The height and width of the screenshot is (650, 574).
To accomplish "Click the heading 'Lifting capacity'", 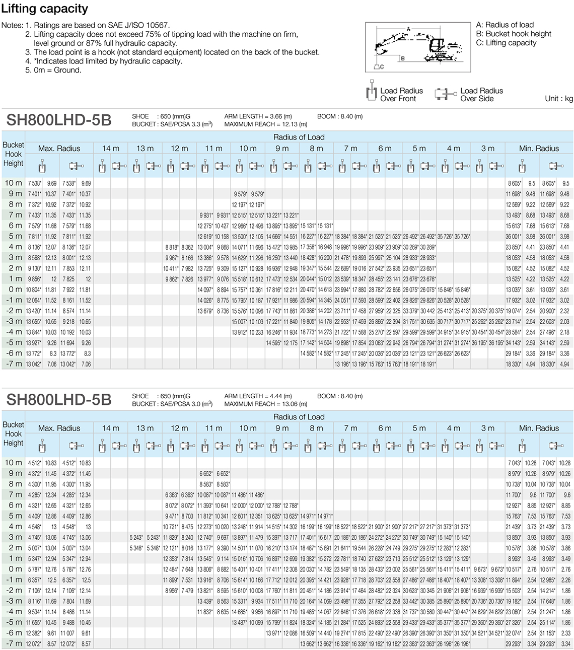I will pyautogui.click(x=45, y=9).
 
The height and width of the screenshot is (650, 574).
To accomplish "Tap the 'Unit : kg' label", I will pyautogui.click(x=558, y=99).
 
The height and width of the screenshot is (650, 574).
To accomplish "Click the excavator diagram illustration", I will pyautogui.click(x=417, y=47).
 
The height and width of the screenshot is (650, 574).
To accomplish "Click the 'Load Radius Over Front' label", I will pyautogui.click(x=401, y=95).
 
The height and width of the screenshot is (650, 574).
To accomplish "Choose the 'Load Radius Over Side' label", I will pyautogui.click(x=481, y=95).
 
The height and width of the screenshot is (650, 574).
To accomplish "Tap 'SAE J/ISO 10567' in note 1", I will pyautogui.click(x=139, y=25).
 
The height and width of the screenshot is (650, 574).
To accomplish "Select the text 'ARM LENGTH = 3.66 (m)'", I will pyautogui.click(x=258, y=116).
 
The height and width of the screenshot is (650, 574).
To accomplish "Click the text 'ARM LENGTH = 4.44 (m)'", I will pyautogui.click(x=258, y=396).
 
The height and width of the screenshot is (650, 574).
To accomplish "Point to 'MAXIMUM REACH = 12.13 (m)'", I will pyautogui.click(x=265, y=124).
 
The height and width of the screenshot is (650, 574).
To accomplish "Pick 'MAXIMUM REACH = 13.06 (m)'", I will pyautogui.click(x=265, y=404).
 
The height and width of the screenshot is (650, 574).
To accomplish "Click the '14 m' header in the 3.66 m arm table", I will pyautogui.click(x=110, y=149).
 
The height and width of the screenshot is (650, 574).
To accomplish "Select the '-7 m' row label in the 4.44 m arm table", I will pyautogui.click(x=14, y=643).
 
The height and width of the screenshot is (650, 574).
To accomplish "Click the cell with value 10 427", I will pyautogui.click(x=222, y=226).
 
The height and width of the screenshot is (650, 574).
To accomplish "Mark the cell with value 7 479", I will pyautogui.click(x=187, y=591).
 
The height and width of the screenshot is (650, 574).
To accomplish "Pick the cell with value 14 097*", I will pyautogui.click(x=205, y=290).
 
